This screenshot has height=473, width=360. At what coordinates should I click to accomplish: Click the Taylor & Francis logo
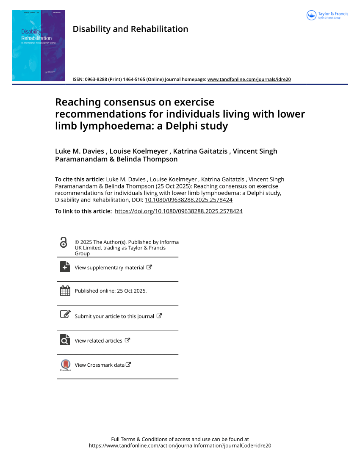click(327, 15)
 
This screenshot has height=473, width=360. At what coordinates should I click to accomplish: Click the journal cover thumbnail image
click(39, 46)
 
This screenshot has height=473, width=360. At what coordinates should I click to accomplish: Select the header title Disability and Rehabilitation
click(130, 29)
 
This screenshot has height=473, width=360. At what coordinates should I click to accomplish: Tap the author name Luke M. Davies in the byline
click(79, 151)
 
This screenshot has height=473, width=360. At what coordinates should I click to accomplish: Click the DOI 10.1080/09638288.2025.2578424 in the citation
click(188, 200)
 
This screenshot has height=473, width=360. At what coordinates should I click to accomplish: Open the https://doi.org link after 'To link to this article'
click(178, 211)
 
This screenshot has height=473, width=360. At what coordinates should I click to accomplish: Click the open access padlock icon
click(64, 243)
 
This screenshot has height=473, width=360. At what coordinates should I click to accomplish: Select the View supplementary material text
click(109, 268)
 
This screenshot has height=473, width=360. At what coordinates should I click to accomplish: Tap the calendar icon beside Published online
click(65, 291)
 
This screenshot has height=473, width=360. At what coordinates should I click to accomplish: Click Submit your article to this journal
click(114, 316)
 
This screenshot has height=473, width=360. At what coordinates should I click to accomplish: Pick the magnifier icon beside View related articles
click(65, 340)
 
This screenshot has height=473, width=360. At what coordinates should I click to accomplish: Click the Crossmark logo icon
click(65, 364)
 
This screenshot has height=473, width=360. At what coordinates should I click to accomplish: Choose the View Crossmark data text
click(100, 365)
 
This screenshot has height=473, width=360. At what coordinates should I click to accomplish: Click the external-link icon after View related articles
click(127, 340)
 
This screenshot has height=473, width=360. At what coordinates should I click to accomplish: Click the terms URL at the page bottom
click(180, 445)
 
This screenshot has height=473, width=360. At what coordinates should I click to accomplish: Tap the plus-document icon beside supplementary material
click(65, 267)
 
